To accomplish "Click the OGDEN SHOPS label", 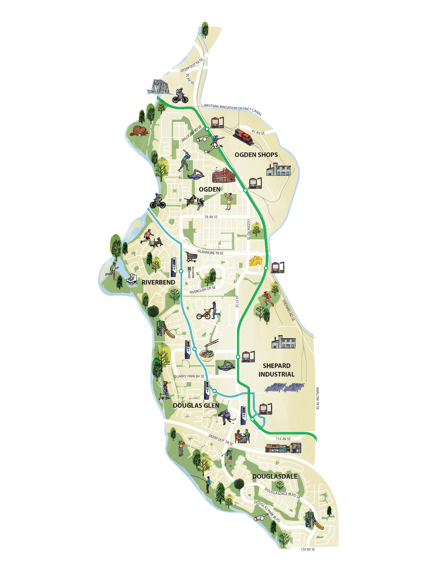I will (256, 155).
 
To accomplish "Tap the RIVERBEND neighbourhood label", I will (158, 282).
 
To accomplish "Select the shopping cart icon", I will (191, 256).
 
